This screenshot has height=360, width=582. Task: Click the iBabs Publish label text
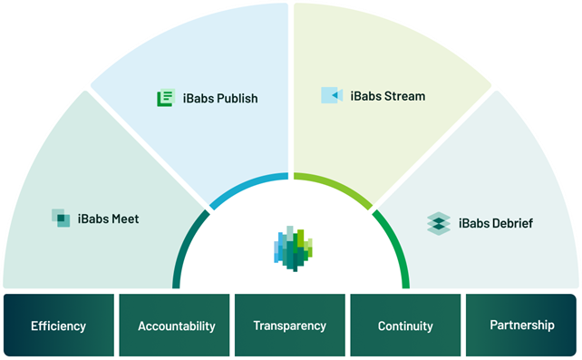coord(218,98)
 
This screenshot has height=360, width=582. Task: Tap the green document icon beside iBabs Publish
coord(165,98)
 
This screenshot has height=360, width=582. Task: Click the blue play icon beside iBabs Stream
coord(332,95)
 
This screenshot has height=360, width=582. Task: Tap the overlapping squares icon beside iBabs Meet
coord(62,218)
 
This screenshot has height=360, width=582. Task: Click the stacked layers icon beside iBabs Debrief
coord(439,223)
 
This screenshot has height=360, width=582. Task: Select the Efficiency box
coord(58,325)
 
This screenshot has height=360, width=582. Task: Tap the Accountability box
coord(176,325)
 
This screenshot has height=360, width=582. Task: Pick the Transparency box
coord(290,325)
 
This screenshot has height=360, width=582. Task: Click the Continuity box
coord(404,325)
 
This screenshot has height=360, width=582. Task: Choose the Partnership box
coord(521,325)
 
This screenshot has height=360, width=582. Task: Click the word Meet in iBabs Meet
coord(124,218)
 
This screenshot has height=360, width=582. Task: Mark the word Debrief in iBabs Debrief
coord(513,223)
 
